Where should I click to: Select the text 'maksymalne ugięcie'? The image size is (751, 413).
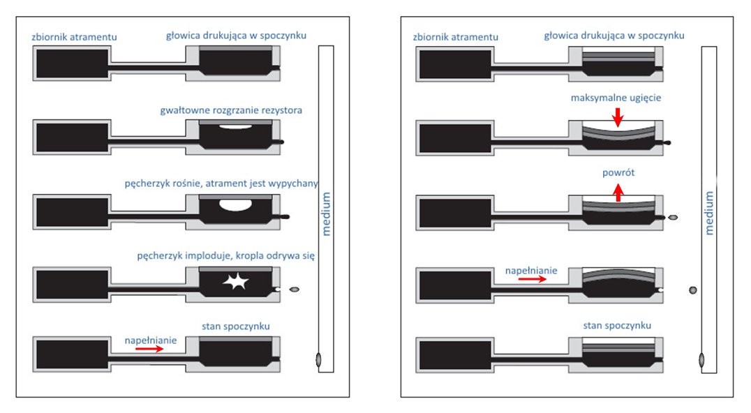click(616, 98)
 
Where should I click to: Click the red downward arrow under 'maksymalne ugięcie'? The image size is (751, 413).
click(617, 118)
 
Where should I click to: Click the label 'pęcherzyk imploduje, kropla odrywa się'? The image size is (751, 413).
click(226, 256)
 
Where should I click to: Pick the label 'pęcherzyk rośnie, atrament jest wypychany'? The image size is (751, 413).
click(221, 183)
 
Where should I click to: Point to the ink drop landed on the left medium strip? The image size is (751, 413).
click(318, 359)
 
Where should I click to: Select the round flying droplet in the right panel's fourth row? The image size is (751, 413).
click(693, 290)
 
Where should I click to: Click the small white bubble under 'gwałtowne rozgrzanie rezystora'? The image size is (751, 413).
click(235, 127)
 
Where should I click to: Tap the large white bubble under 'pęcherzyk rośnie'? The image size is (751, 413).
click(235, 205)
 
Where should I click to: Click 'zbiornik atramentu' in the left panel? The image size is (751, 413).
click(74, 37)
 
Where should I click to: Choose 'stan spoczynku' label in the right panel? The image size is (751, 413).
click(616, 326)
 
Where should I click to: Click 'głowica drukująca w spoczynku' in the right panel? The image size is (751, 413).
click(614, 36)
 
